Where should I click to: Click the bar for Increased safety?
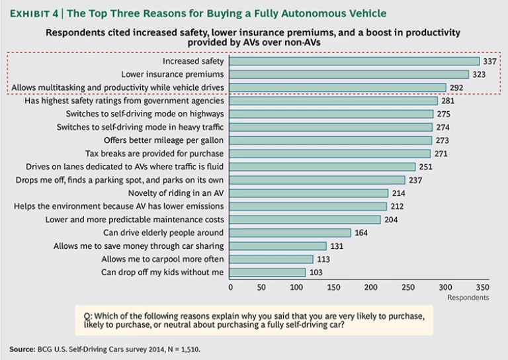(x=355, y=62)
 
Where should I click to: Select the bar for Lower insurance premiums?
(x=349, y=74)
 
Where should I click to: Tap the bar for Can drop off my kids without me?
(x=268, y=272)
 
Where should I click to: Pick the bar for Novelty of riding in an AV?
(x=309, y=193)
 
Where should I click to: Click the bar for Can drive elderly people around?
(x=290, y=232)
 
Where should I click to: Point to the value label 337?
(x=490, y=62)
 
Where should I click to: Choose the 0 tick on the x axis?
(x=230, y=287)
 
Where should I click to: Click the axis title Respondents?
(x=468, y=298)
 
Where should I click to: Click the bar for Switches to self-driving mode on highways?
(x=331, y=114)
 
